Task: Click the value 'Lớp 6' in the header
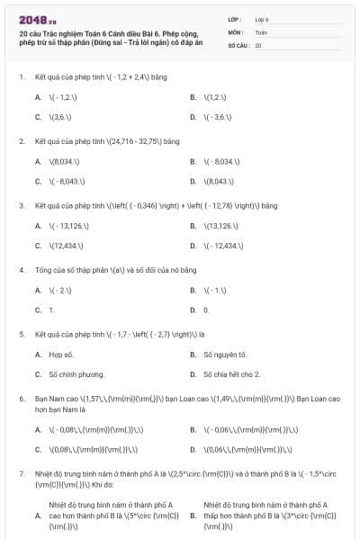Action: coord(262,18)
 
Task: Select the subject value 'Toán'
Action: coord(261,31)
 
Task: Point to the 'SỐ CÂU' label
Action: coord(238,44)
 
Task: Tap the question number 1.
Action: coord(21,77)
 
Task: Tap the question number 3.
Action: coord(21,205)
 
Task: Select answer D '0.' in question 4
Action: coord(206,310)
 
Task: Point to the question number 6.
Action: coord(21,398)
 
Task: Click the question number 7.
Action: coord(21,472)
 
